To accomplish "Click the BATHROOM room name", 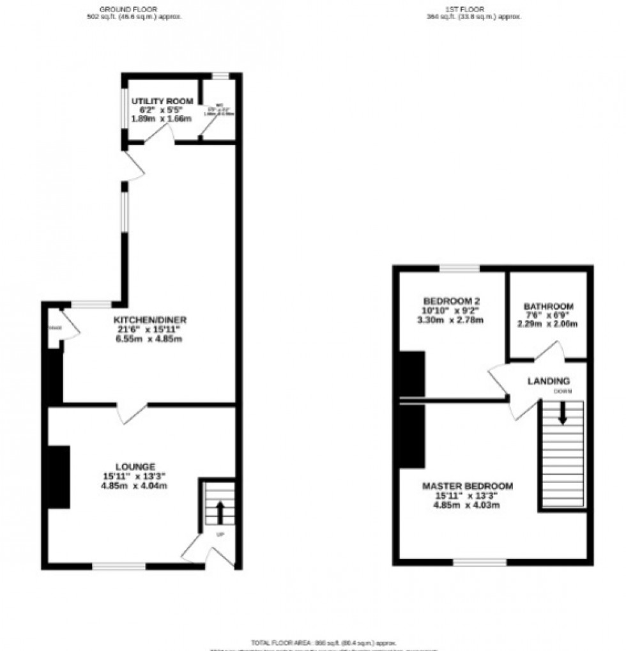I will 548,306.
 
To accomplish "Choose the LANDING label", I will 548,381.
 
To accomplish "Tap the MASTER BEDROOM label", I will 468,486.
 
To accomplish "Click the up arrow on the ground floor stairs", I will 220,511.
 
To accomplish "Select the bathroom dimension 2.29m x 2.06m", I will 548,324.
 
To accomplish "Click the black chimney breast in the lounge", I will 59,477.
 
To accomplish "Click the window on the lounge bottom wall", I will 119,566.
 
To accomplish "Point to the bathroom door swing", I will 548,353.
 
